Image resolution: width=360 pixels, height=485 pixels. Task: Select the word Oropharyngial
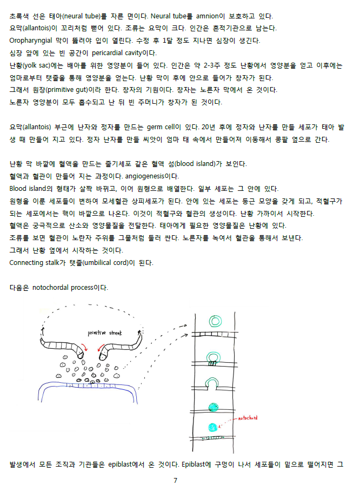coord(31,41)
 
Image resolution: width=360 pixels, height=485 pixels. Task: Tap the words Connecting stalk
coord(35,263)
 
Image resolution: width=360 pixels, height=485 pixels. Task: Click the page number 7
coord(175,480)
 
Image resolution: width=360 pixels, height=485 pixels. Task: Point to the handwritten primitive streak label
coord(105,333)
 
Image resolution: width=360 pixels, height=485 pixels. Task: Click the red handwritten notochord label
coord(248,418)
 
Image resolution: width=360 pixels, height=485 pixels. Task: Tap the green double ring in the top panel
coord(215,321)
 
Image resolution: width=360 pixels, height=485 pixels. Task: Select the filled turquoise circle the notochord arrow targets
coord(212,428)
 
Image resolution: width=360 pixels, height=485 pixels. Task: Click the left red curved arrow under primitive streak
coord(85,347)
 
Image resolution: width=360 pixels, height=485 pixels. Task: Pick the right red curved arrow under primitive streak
coord(101,347)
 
